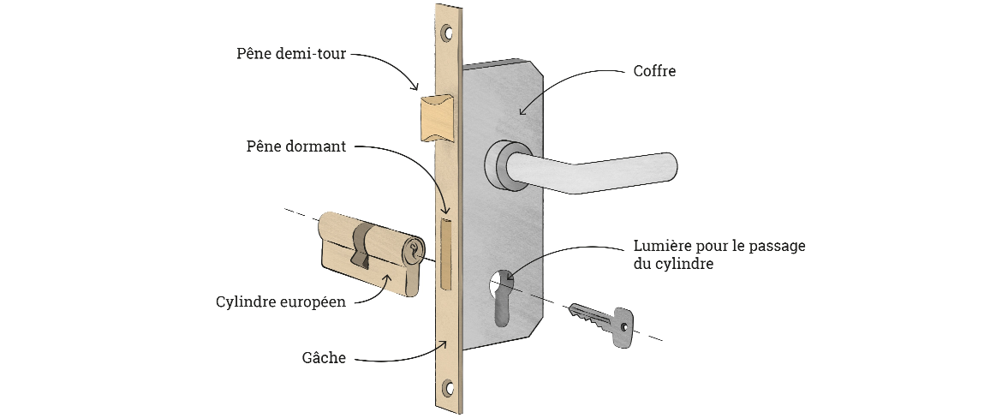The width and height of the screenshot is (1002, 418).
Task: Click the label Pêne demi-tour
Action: (291, 54)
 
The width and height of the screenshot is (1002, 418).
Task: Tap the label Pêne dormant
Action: (295, 146)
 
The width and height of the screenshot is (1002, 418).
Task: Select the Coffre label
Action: (654, 71)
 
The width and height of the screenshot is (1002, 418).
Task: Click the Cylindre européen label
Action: (281, 302)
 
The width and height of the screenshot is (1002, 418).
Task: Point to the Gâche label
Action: (325, 358)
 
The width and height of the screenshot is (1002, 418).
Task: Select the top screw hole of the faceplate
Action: (446, 33)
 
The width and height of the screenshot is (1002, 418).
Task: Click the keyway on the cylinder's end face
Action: (415, 251)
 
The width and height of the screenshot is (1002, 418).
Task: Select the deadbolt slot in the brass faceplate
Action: (444, 253)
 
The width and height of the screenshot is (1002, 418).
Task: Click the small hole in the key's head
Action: (625, 326)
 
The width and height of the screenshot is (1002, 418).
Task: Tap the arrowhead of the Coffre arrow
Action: (522, 112)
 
